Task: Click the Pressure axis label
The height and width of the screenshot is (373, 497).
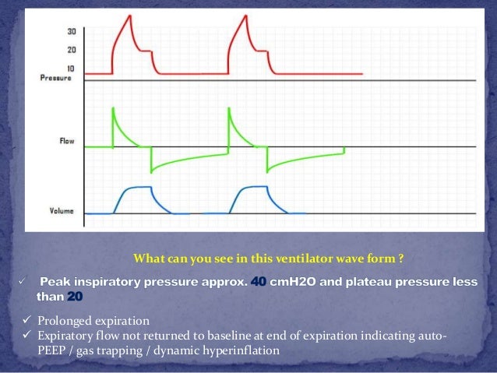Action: pos(56,78)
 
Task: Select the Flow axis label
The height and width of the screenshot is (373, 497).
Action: pos(67,142)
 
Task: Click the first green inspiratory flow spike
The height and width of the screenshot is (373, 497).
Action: pos(114,110)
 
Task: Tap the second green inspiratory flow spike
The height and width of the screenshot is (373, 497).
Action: pos(228,110)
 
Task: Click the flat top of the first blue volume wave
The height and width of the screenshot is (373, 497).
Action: pos(138,187)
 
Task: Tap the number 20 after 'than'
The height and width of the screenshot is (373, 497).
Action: pos(74,297)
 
